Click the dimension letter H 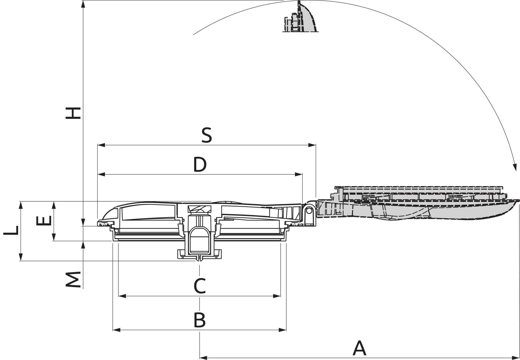click(x=73, y=113)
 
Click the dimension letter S click(x=207, y=135)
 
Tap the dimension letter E click(x=44, y=221)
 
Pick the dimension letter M click(x=73, y=279)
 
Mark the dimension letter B click(x=200, y=320)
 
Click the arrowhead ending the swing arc click(x=515, y=168)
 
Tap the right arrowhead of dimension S click(x=312, y=145)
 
